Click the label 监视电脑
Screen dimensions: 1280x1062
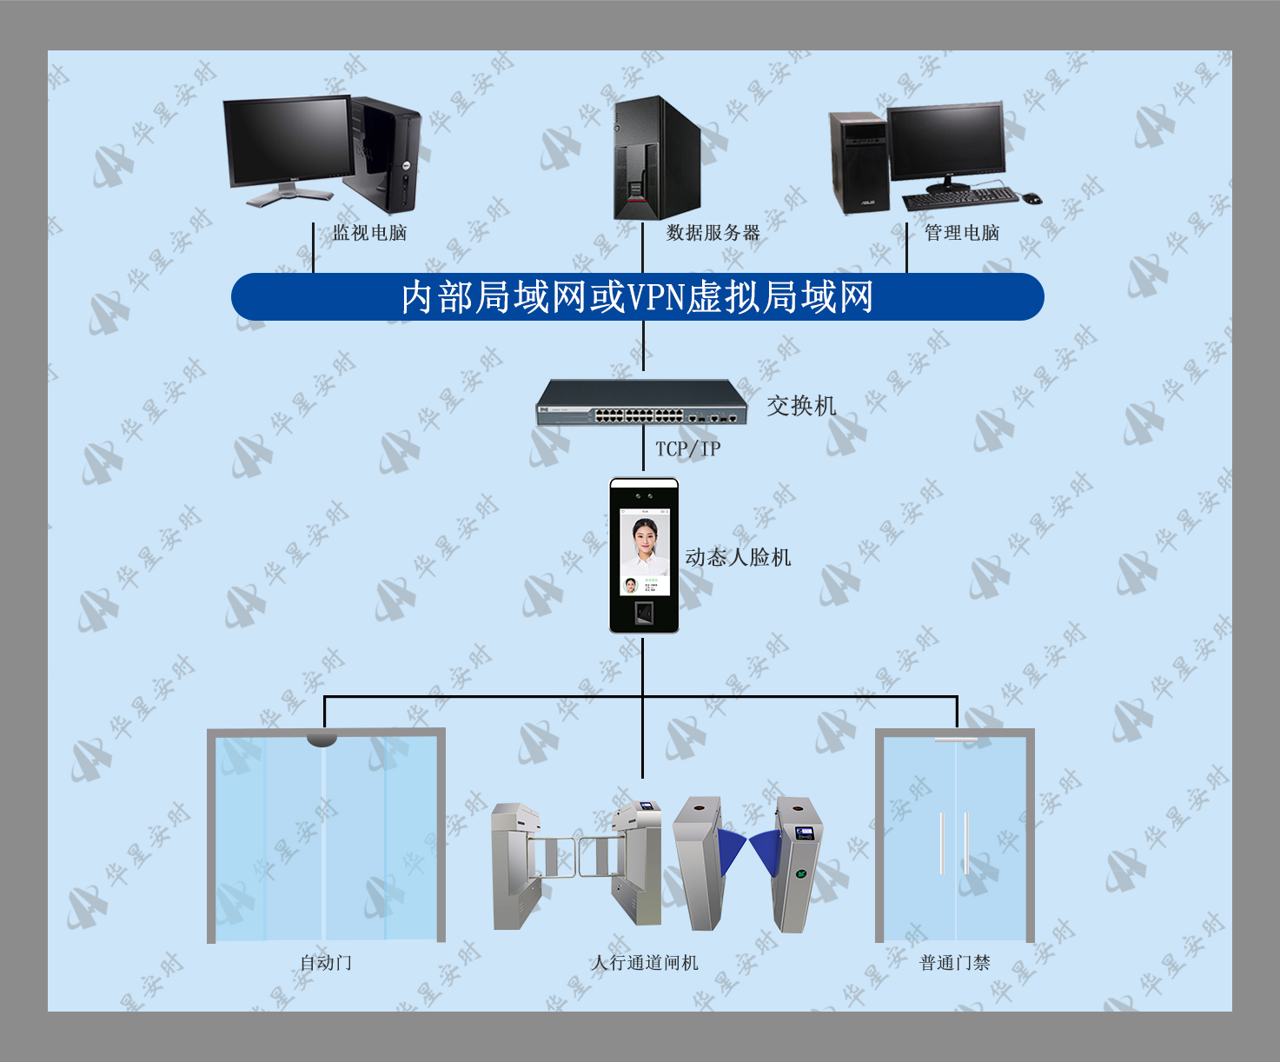pos(369,233)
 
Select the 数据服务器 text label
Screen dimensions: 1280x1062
pos(713,233)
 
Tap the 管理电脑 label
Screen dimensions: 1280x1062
pos(962,233)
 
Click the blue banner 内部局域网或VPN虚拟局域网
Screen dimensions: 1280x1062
pos(638,296)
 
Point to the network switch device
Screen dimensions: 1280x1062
pos(641,402)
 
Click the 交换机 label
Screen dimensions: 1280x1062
pos(801,406)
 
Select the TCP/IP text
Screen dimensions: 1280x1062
pos(688,448)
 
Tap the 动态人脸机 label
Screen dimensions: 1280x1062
pos(738,557)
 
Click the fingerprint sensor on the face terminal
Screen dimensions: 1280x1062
pos(644,613)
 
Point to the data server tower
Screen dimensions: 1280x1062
pos(657,157)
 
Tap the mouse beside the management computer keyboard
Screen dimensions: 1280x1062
pos(1031,198)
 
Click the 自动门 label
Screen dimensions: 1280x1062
pos(326,963)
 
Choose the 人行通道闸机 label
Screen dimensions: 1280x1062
pos(644,963)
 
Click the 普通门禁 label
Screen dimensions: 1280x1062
pos(954,963)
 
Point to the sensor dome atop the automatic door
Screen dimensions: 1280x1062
pos(322,740)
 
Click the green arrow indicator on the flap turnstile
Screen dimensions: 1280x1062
pos(800,873)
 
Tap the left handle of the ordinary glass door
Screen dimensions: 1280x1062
pos(942,843)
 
